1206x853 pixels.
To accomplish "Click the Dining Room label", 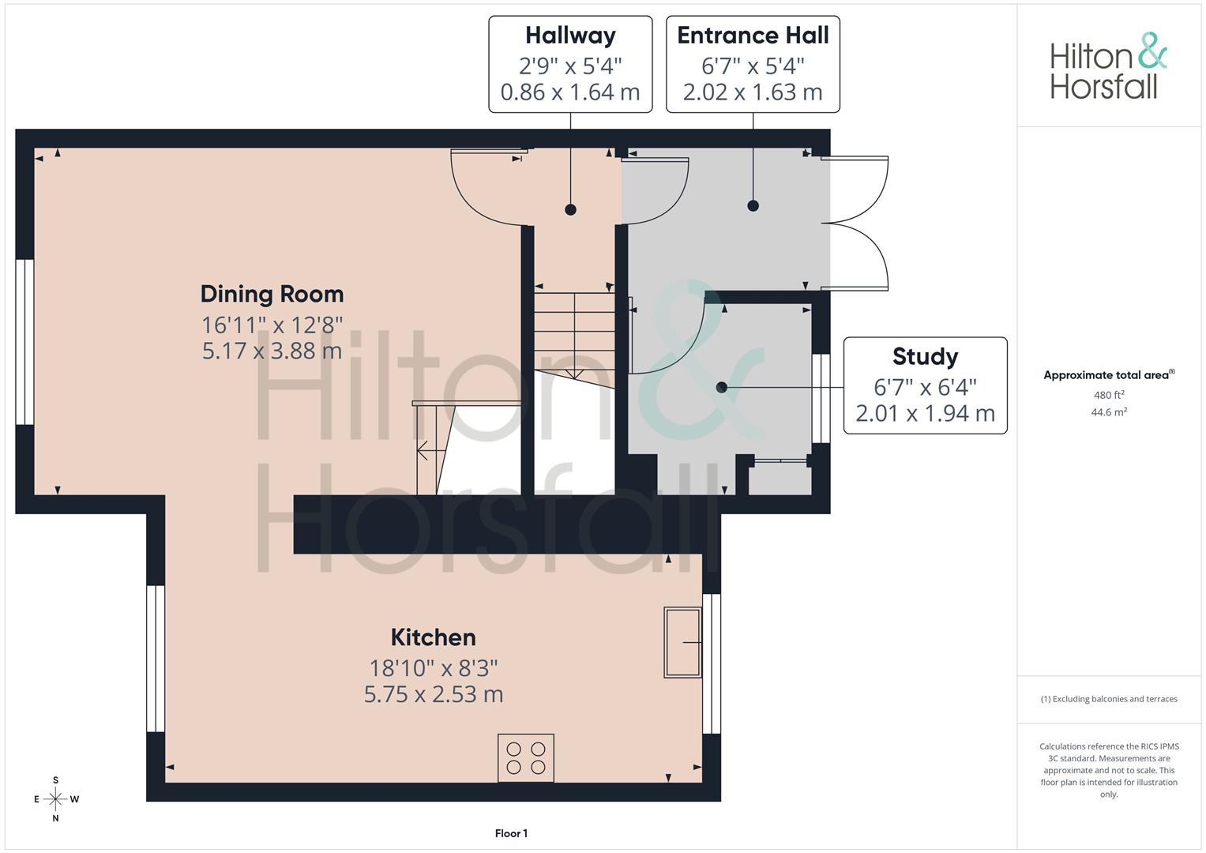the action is click(x=272, y=295).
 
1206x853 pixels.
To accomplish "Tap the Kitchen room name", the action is click(x=434, y=637).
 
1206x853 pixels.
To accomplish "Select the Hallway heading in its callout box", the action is click(x=571, y=36).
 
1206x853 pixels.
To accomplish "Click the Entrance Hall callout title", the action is click(x=753, y=36).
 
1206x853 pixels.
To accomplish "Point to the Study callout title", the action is click(x=925, y=356).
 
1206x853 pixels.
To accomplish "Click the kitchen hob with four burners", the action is click(x=526, y=757).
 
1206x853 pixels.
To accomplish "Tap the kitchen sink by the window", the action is click(x=682, y=642).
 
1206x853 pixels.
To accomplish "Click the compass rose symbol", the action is click(x=56, y=799).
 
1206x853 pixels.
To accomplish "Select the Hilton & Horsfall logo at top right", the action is click(x=1109, y=66).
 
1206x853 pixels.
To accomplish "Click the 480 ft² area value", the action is click(x=1109, y=395).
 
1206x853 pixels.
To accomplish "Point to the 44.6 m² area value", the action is click(x=1109, y=412).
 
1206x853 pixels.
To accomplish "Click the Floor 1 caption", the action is click(x=511, y=833).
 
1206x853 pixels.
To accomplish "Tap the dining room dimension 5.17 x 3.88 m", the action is click(x=272, y=351).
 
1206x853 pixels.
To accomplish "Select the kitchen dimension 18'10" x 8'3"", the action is click(x=434, y=668).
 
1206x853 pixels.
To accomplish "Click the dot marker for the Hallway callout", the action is click(x=571, y=210).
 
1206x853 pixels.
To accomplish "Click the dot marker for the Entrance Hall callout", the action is click(x=753, y=205).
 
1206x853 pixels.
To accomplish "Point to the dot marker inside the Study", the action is click(x=722, y=387).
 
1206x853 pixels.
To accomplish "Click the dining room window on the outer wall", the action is click(x=24, y=342).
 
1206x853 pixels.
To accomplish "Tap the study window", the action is click(x=821, y=398).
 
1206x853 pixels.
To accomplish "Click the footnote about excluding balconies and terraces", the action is click(x=1109, y=699).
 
